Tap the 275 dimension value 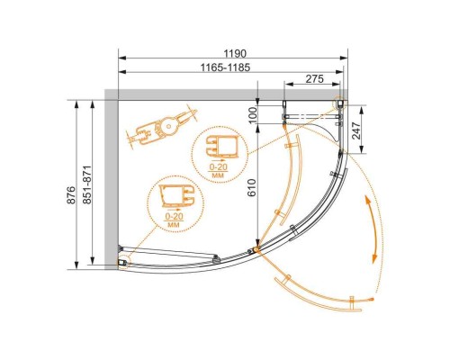pyautogui.click(x=314, y=79)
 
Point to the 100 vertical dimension pyautogui.click(x=254, y=113)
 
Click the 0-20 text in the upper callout pyautogui.click(x=217, y=166)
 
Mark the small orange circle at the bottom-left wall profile pyautogui.click(x=121, y=264)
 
